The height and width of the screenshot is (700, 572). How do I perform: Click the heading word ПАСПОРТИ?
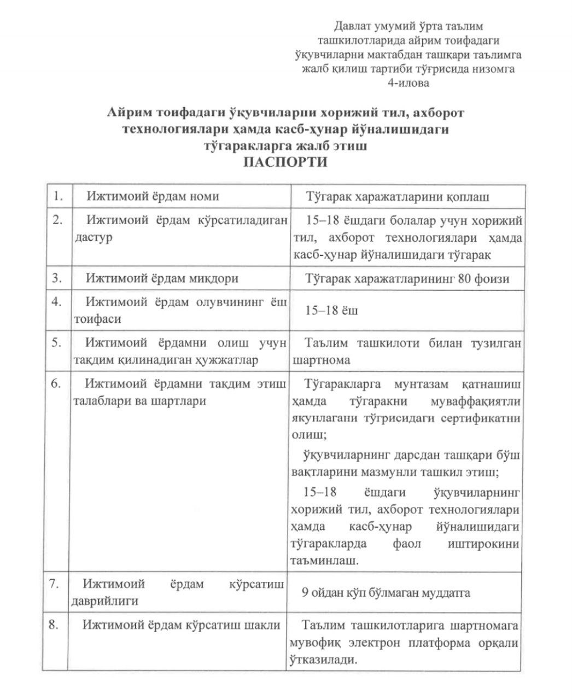click(285, 162)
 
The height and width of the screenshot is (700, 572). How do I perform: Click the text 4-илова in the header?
click(408, 83)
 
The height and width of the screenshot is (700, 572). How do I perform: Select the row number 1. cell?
click(57, 196)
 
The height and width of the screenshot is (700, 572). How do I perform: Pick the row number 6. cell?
click(57, 383)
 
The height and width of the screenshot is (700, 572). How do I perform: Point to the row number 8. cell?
click(57, 625)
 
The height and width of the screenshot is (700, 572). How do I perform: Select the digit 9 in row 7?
click(305, 592)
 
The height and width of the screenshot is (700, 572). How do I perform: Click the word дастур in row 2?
click(92, 238)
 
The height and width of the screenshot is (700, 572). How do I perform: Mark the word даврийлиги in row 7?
click(104, 600)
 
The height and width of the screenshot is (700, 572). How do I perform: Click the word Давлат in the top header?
click(352, 26)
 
